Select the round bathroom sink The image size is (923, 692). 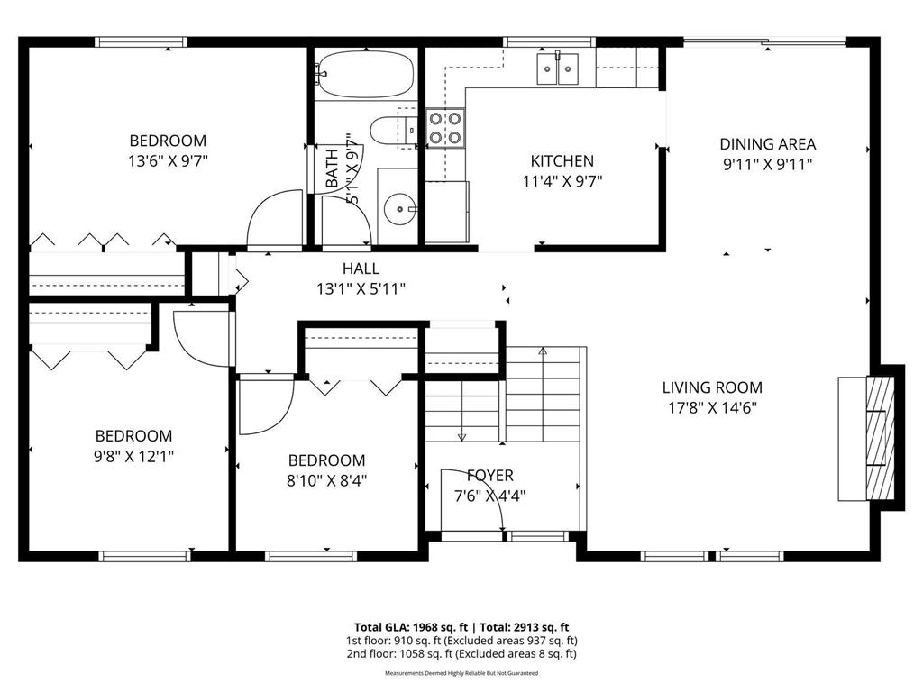coord(398,210)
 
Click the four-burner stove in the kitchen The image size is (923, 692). coord(444,127)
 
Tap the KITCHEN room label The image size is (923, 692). coord(562,161)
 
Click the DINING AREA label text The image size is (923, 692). coord(767,144)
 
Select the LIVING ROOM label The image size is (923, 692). coord(712,388)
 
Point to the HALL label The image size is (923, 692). coord(361,269)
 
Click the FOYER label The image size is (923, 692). coord(490,476)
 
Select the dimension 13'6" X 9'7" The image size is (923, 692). coord(168,161)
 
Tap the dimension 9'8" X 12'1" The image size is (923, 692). coord(133,456)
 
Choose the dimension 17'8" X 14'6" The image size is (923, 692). coord(712,407)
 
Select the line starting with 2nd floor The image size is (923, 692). coord(461,654)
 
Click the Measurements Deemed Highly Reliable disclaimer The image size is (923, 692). coord(461,673)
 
